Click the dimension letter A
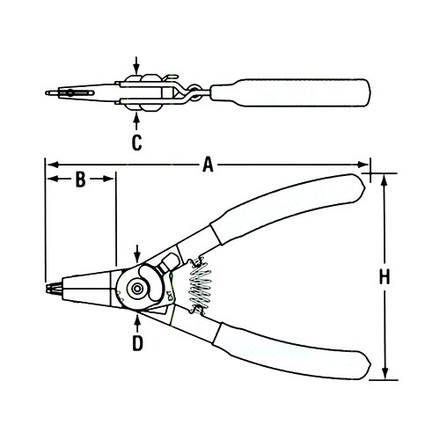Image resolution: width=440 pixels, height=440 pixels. (209, 164)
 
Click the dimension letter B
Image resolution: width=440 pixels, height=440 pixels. (79, 180)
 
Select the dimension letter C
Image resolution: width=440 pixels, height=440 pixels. (136, 142)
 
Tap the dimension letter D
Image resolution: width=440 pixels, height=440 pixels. (137, 342)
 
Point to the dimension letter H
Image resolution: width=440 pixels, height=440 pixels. (384, 277)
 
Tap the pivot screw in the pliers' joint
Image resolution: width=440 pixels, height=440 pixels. (137, 286)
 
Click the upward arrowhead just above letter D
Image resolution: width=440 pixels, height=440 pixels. (137, 313)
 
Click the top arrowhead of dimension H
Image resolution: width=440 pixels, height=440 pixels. (384, 177)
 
